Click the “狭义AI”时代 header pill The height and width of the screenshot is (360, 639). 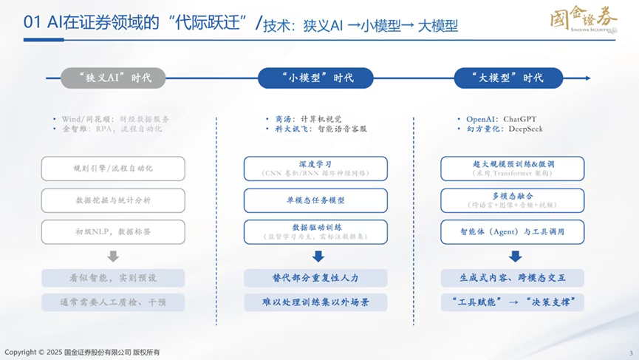pos(113,78)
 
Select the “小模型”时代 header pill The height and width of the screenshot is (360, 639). pos(315,78)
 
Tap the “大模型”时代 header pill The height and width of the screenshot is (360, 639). pos(508,78)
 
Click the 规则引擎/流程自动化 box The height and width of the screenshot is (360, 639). pos(113,169)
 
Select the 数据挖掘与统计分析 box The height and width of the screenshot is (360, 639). pos(113,200)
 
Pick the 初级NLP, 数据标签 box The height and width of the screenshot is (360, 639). pos(113,231)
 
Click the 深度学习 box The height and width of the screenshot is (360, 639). pos(315,169)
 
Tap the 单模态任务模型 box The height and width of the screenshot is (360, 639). pos(315,200)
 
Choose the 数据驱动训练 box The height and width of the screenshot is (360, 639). pos(315,231)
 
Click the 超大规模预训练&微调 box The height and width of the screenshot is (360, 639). pos(512,169)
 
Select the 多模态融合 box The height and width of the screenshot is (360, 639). pos(512,200)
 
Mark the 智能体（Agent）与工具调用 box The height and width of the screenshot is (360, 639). pos(512,231)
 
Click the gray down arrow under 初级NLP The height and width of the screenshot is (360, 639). pos(113,257)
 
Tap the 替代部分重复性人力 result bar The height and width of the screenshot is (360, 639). pos(315,278)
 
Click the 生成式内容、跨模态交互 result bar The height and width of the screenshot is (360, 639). pos(512,278)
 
